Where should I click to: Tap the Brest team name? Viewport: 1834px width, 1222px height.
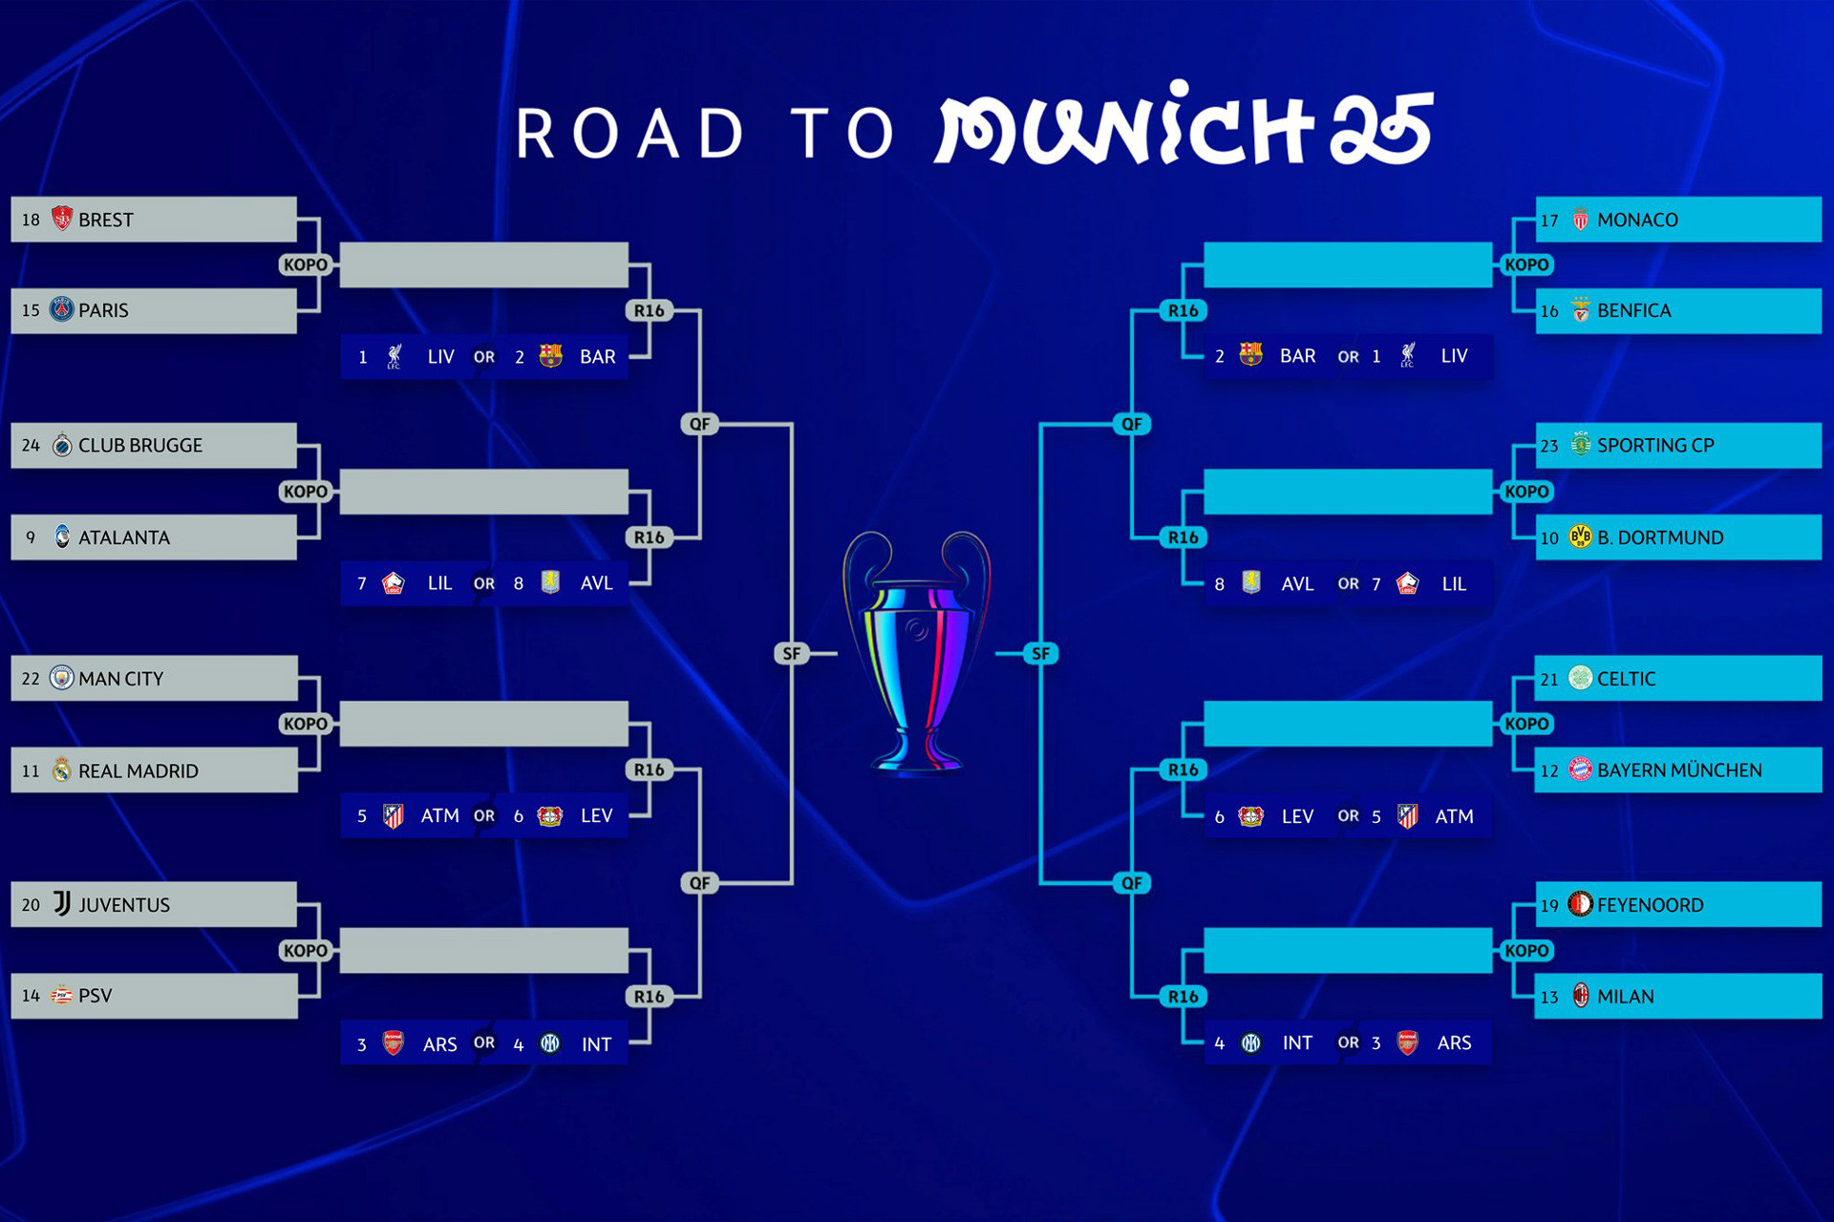(x=106, y=221)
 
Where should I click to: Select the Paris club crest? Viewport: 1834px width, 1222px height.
(x=62, y=309)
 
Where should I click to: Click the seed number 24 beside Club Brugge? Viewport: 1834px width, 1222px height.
(x=31, y=446)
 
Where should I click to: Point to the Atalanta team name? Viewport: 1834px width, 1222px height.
(x=124, y=538)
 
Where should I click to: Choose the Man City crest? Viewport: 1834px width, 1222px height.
(x=62, y=678)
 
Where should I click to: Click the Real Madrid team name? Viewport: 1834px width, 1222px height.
(x=139, y=771)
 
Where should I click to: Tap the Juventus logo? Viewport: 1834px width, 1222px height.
(x=62, y=903)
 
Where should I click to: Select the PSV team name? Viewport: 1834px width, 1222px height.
(x=96, y=996)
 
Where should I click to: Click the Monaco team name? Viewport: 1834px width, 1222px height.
(x=1637, y=221)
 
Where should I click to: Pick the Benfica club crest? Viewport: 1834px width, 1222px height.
(x=1581, y=310)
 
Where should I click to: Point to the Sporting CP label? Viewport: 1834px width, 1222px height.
(x=1655, y=446)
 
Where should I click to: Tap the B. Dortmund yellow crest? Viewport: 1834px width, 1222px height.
(x=1581, y=537)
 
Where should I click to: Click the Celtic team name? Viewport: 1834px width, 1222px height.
(x=1627, y=679)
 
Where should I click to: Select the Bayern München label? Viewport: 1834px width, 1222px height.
(x=1679, y=770)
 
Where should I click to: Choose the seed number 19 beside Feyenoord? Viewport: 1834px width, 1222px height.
(x=1549, y=906)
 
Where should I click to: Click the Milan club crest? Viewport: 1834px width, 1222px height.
(x=1581, y=996)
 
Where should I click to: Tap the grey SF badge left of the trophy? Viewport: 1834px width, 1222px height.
(x=792, y=654)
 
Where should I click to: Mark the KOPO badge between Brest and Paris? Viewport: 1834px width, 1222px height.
(x=306, y=264)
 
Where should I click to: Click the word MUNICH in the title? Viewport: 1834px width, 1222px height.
(x=1127, y=129)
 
